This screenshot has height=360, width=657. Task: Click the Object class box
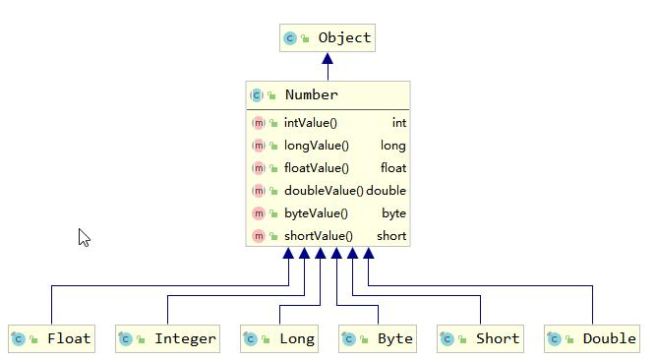click(x=328, y=38)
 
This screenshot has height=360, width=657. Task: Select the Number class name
click(x=311, y=95)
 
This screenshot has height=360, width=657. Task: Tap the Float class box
click(x=51, y=338)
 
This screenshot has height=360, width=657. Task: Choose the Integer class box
click(x=166, y=338)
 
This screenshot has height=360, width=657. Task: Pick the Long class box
click(x=279, y=338)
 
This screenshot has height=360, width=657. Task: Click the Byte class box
click(x=378, y=338)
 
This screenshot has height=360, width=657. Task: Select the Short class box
click(x=480, y=338)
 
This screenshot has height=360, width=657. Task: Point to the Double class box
click(x=592, y=338)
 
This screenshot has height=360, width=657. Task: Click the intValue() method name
click(x=310, y=123)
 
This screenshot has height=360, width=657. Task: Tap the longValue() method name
click(x=316, y=146)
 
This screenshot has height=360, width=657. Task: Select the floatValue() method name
click(x=317, y=168)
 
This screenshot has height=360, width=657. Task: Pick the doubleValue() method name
click(x=323, y=191)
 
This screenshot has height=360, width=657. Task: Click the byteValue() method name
click(x=316, y=213)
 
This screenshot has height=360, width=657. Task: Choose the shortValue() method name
click(x=318, y=236)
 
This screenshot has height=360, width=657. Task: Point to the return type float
click(x=393, y=168)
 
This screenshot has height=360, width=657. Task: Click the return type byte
click(x=393, y=213)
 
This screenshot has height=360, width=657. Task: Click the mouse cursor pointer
click(x=84, y=237)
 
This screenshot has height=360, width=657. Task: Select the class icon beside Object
click(x=290, y=38)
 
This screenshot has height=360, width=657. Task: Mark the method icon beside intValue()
click(x=259, y=123)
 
